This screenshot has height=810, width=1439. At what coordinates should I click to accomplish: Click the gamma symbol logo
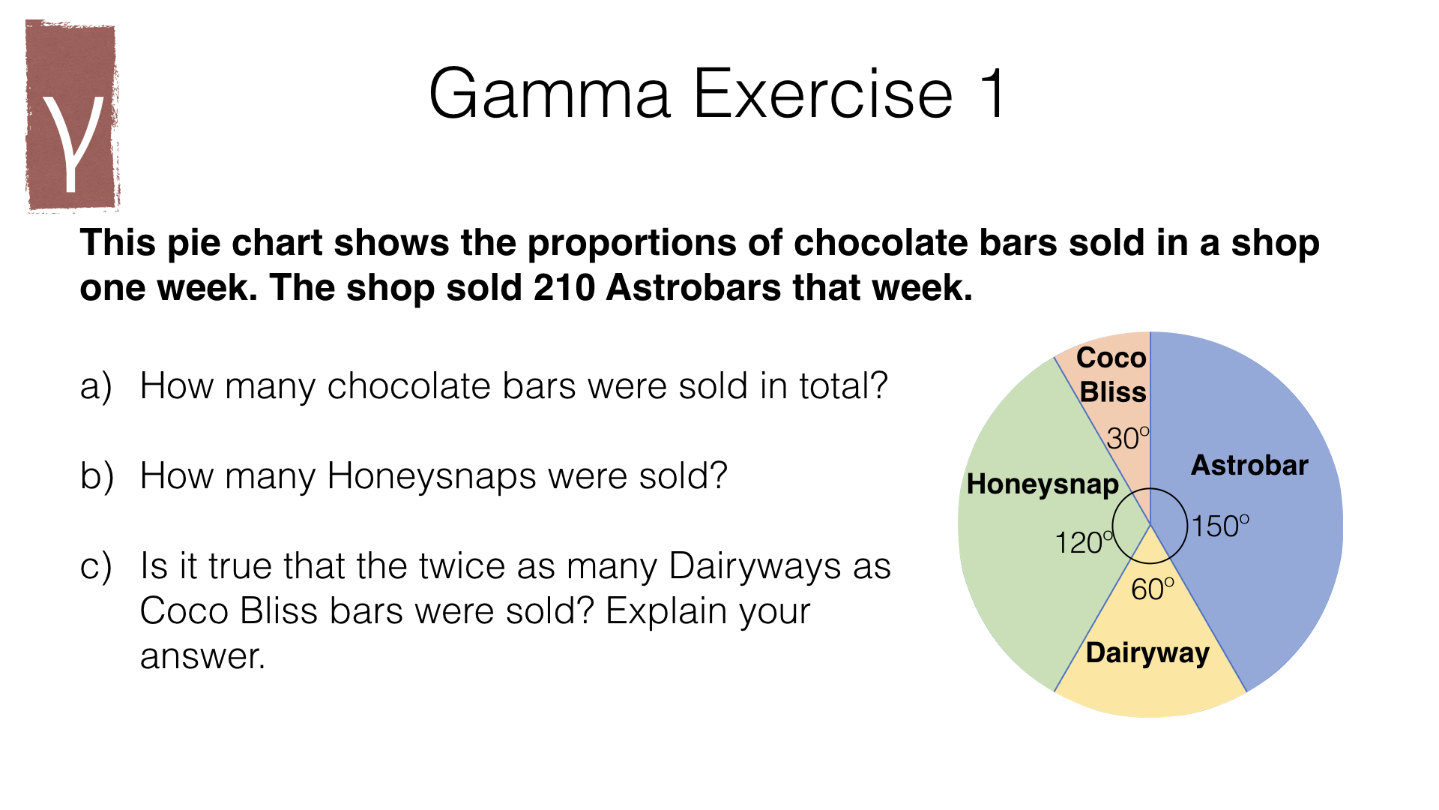tap(73, 116)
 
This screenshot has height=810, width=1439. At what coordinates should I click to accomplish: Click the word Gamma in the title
tap(549, 94)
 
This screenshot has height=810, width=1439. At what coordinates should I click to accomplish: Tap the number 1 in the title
tap(995, 93)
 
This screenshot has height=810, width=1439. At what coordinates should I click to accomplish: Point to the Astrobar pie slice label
tap(1249, 465)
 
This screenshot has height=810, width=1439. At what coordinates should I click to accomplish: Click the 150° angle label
tap(1220, 526)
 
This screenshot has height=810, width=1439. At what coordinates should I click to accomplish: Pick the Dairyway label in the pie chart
tap(1147, 653)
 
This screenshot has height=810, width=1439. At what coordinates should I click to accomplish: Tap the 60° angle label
tap(1152, 589)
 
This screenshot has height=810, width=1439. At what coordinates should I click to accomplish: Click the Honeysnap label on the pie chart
tap(1043, 484)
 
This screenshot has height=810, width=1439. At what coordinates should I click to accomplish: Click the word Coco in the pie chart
tap(1111, 358)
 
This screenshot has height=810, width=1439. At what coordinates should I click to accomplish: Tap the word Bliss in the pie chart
tap(1113, 392)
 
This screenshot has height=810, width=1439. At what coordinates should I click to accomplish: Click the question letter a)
tap(96, 387)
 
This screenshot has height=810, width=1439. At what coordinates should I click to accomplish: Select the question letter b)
tap(97, 476)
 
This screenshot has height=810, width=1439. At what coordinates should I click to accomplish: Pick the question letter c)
tap(96, 567)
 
